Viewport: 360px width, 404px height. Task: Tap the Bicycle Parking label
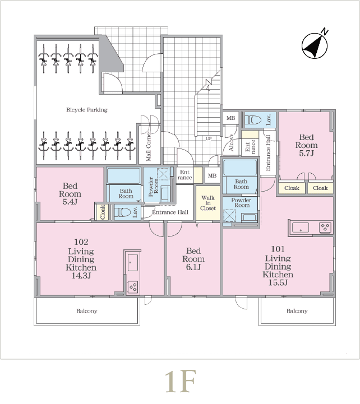pyautogui.click(x=87, y=110)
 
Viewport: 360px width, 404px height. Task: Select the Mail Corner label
pyautogui.click(x=149, y=147)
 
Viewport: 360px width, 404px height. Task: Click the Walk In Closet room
pyautogui.click(x=208, y=203)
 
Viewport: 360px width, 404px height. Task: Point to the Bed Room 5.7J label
pyautogui.click(x=306, y=145)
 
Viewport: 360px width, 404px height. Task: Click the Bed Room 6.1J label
pyautogui.click(x=193, y=259)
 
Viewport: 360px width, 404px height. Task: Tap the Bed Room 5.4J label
pyautogui.click(x=70, y=194)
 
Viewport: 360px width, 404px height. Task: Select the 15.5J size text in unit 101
pyautogui.click(x=278, y=282)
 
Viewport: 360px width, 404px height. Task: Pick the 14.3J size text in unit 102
pyautogui.click(x=81, y=276)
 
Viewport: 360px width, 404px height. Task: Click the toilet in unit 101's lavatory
pyautogui.click(x=253, y=120)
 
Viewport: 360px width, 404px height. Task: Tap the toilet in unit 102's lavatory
pyautogui.click(x=122, y=212)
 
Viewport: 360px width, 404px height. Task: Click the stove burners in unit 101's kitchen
pyautogui.click(x=325, y=227)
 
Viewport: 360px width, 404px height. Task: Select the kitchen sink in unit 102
pyautogui.click(x=132, y=263)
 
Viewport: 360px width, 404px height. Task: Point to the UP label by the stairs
pyautogui.click(x=209, y=138)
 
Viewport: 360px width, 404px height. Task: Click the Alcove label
pyautogui.click(x=232, y=143)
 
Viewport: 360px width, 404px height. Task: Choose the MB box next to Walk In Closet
pyautogui.click(x=212, y=175)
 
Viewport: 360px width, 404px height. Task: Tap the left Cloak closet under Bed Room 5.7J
pyautogui.click(x=292, y=188)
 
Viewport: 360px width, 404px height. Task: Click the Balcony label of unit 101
pyautogui.click(x=297, y=311)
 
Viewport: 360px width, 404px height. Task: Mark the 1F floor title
pyautogui.click(x=181, y=381)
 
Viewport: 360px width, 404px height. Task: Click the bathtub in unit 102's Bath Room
pyautogui.click(x=123, y=176)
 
